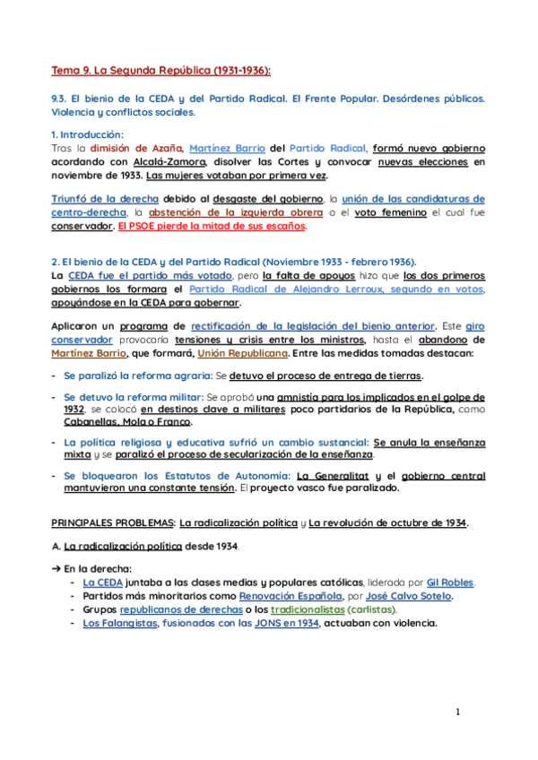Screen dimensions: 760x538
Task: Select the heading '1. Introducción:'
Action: point(87,134)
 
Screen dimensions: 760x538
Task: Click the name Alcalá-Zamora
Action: point(175,162)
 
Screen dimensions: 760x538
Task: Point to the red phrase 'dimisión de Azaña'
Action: point(136,148)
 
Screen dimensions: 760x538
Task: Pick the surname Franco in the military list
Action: point(174,421)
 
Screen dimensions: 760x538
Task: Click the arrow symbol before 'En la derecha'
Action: point(56,568)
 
